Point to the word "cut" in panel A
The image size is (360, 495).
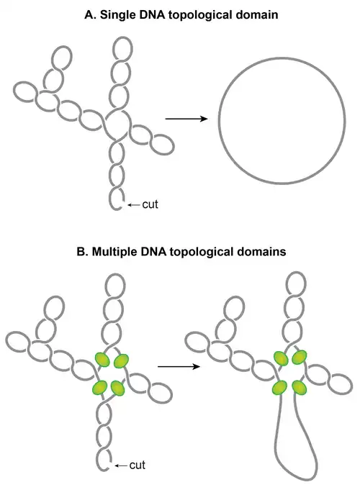click(150, 204)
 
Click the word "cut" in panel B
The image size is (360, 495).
click(137, 465)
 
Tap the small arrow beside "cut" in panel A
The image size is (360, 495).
click(134, 205)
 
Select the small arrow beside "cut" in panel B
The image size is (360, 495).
click(121, 466)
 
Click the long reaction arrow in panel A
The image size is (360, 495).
click(186, 119)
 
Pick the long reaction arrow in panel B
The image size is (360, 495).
click(179, 366)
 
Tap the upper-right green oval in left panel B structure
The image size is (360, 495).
click(121, 361)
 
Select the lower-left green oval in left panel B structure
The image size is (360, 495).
click(100, 387)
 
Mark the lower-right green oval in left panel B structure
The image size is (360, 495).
click(118, 389)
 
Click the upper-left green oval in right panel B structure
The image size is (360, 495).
click(281, 358)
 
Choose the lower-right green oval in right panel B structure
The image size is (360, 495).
click(300, 387)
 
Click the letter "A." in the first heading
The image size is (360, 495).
click(90, 15)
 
